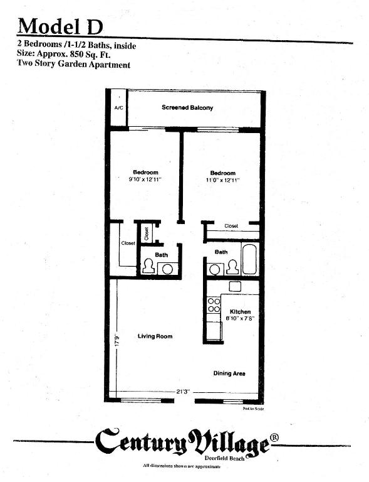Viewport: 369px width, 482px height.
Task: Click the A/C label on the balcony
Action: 118,108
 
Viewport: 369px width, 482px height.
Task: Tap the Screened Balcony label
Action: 187,107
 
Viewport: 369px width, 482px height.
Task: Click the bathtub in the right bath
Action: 249,260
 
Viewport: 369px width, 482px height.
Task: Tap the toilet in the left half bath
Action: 148,267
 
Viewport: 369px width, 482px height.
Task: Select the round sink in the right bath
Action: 215,269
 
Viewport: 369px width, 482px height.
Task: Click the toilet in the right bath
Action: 232,267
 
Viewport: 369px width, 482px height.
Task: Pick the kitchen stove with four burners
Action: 214,305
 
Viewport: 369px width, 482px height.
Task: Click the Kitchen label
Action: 240,312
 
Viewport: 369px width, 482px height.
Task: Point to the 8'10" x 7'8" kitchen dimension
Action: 240,319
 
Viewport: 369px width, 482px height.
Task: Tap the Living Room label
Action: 155,337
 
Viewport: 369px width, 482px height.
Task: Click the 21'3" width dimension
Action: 182,392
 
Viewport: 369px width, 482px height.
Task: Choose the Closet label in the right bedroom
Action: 231,226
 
